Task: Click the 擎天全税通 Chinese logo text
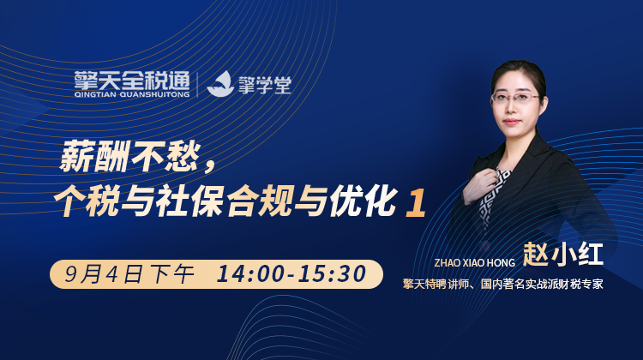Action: coord(132,81)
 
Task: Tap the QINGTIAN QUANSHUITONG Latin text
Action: coord(132,95)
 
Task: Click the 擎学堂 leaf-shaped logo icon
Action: coord(220,84)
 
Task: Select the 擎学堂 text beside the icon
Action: coord(265,85)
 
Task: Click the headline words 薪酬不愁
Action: coord(130,157)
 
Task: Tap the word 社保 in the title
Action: coord(189,201)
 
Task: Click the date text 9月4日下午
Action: coord(129,274)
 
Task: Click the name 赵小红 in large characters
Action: coord(563,255)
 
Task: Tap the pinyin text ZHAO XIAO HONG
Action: coord(474,263)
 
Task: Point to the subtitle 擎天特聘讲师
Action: coord(436,285)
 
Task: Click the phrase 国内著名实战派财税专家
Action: coord(542,285)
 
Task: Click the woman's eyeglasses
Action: coord(516,98)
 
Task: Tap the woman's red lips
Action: coord(511,122)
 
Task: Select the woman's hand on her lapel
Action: coord(481,186)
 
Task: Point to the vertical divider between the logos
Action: coord(198,85)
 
